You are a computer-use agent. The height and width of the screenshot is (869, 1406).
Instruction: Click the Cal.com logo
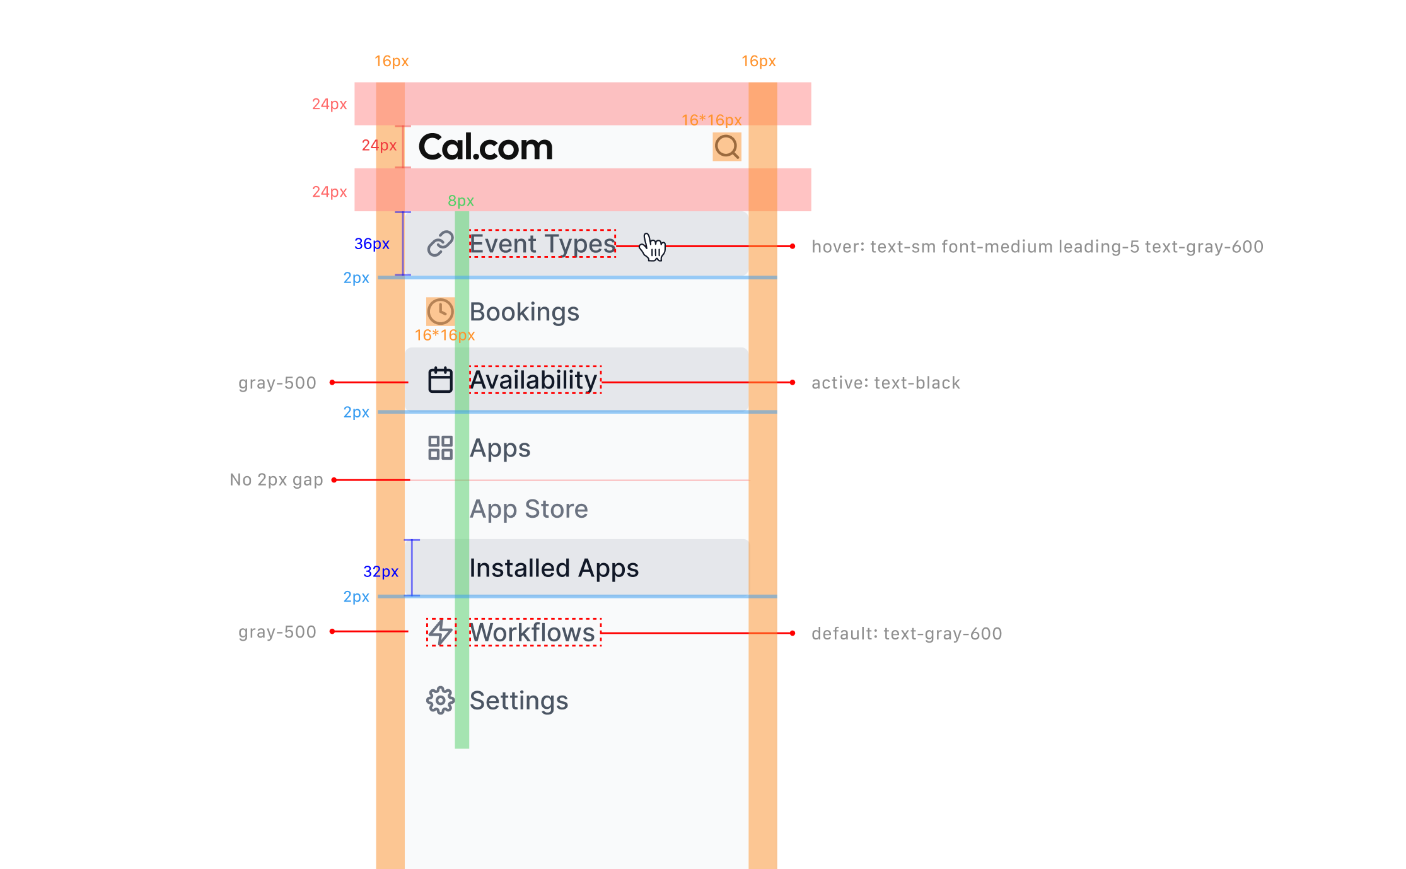(485, 147)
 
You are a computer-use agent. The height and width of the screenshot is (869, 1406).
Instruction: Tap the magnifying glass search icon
(727, 147)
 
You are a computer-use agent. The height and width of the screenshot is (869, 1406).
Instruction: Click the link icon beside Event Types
(440, 244)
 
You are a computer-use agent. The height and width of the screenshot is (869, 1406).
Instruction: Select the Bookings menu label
(524, 312)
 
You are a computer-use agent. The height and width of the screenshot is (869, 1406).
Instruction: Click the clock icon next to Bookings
(440, 312)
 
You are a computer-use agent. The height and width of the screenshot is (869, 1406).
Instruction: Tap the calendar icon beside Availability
(440, 380)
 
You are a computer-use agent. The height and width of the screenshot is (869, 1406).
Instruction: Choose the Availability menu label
(533, 380)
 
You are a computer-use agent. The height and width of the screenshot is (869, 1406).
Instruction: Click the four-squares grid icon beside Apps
(440, 448)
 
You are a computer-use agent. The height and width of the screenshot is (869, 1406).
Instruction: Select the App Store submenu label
(528, 509)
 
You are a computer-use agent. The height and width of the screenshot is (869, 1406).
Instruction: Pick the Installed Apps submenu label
(554, 568)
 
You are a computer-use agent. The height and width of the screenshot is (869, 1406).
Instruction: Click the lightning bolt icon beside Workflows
(441, 633)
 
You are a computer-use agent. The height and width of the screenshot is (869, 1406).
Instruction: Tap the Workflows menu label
(533, 633)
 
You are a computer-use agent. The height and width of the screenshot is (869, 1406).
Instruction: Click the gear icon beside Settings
(440, 701)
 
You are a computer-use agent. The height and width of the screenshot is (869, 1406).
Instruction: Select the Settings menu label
(519, 701)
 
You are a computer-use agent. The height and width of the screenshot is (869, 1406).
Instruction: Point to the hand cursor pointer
(653, 247)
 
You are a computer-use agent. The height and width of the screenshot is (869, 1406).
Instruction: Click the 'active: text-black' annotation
(885, 383)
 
